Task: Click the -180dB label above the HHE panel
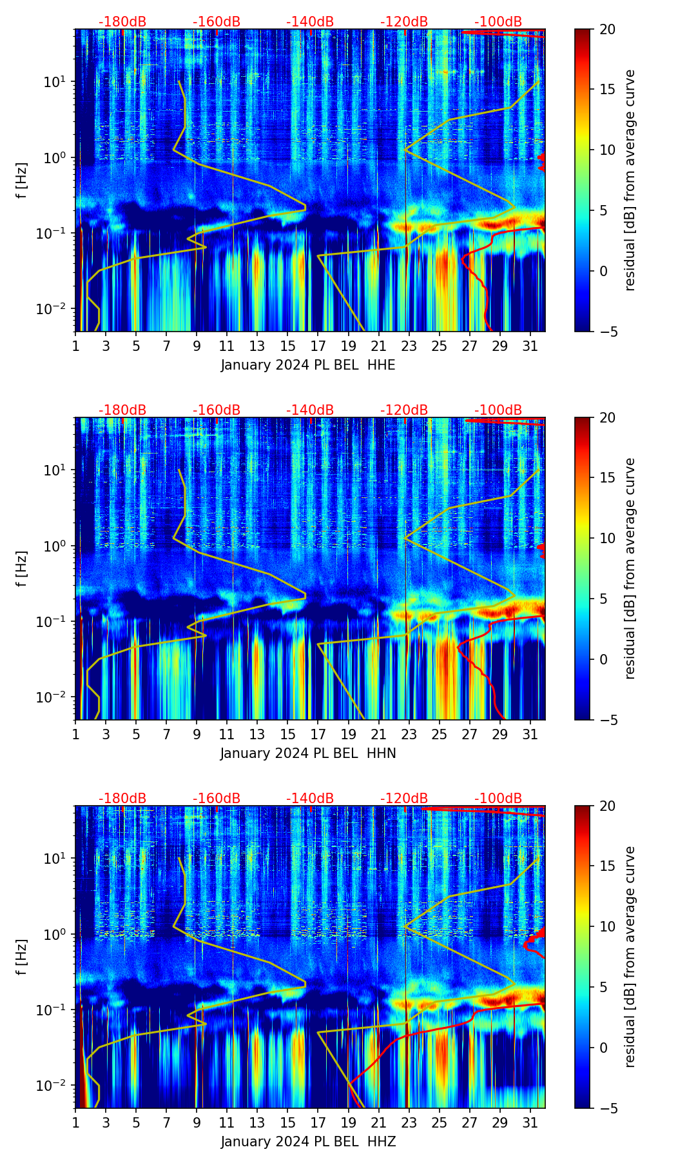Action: (122, 22)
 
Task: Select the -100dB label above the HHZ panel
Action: (498, 799)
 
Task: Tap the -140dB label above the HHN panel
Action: (310, 410)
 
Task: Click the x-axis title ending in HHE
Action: (308, 365)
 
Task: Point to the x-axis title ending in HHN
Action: (308, 753)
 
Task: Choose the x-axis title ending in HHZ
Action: (308, 1142)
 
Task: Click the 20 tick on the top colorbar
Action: (607, 30)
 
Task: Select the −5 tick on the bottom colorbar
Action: (605, 1108)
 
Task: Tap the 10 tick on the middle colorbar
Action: (607, 538)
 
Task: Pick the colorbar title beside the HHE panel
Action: (630, 180)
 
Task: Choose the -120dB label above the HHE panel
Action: (404, 22)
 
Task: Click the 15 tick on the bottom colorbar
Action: (607, 866)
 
